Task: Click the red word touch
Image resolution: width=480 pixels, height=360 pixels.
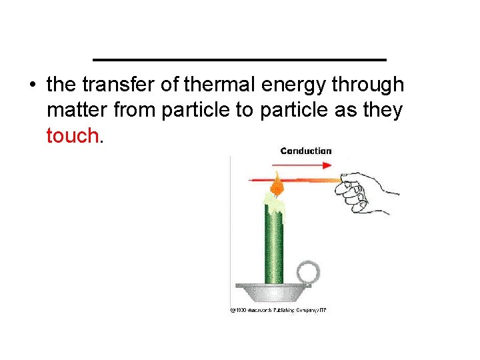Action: pyautogui.click(x=72, y=136)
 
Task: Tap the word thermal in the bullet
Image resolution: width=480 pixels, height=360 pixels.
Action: pyautogui.click(x=221, y=85)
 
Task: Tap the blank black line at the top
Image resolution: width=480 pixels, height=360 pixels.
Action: pyautogui.click(x=239, y=60)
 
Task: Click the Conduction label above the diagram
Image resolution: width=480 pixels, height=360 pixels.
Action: pyautogui.click(x=306, y=151)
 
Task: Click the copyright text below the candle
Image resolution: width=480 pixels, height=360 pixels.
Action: pyautogui.click(x=278, y=309)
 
